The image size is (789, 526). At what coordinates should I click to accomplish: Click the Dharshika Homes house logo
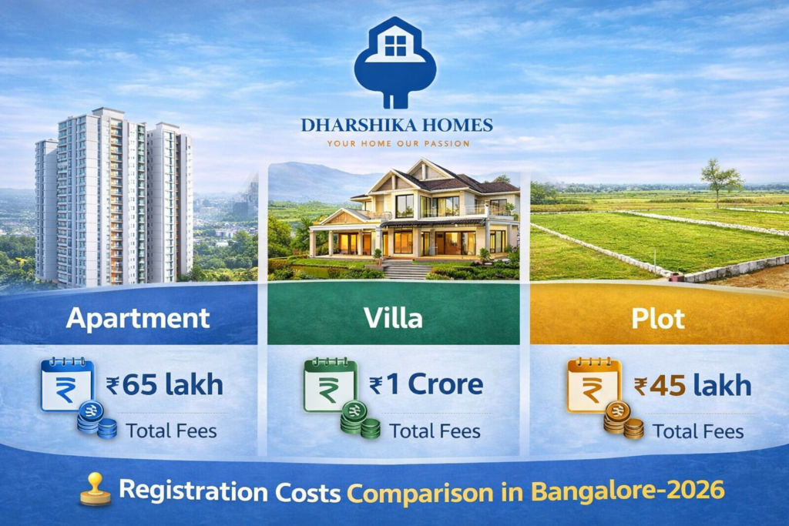click(394, 62)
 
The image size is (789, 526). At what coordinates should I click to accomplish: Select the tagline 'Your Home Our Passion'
click(398, 143)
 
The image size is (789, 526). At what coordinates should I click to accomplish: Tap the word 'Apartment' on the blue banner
click(138, 317)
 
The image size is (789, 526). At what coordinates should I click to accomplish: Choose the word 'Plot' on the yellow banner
click(657, 317)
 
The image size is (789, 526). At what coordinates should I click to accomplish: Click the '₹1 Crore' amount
click(426, 384)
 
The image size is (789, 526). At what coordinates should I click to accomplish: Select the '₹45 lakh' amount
click(693, 384)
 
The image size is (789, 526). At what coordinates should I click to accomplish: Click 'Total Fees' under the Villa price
click(435, 431)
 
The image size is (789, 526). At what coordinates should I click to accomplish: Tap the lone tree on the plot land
click(720, 181)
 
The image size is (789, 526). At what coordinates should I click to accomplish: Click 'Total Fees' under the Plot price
click(698, 431)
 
